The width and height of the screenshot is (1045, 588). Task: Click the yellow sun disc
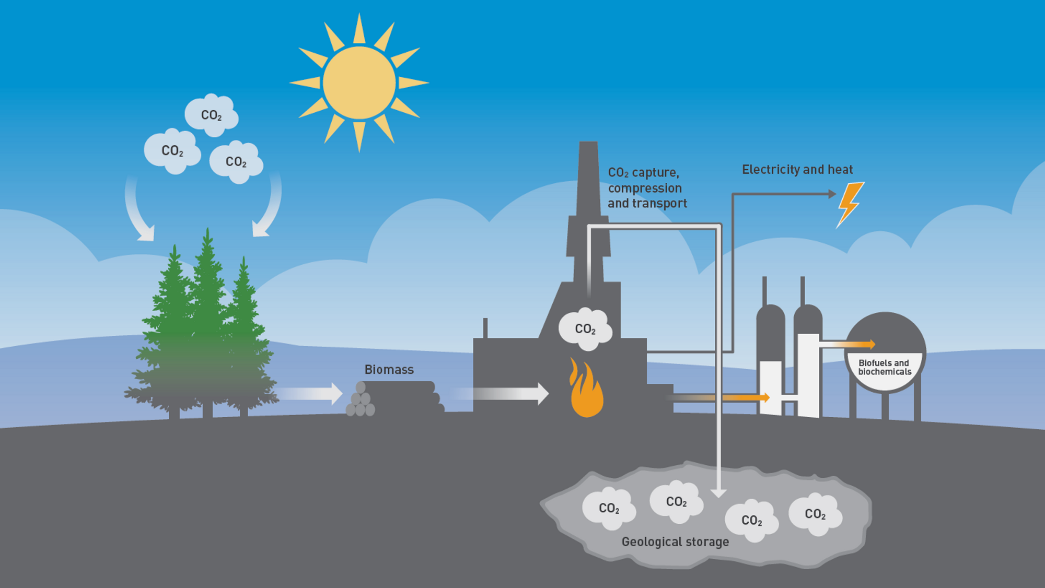359,83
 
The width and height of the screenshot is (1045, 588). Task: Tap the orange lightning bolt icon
850,204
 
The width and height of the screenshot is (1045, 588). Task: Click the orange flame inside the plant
586,391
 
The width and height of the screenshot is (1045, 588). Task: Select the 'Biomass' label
389,370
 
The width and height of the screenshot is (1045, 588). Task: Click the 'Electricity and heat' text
797,170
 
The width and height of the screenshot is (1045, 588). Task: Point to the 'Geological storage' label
675,542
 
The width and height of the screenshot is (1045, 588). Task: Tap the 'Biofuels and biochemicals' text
884,367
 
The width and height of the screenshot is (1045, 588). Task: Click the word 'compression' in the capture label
645,188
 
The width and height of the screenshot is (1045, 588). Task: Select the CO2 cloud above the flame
585,328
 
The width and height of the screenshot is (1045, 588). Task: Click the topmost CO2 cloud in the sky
212,115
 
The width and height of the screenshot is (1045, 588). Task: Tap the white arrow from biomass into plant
502,394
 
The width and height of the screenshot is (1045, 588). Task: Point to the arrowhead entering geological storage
718,493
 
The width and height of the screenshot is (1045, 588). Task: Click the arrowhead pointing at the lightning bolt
832,194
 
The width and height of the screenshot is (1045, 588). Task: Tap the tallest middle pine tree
208,313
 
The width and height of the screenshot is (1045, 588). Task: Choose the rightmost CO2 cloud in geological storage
815,514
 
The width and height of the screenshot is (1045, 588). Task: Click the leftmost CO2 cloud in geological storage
609,509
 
